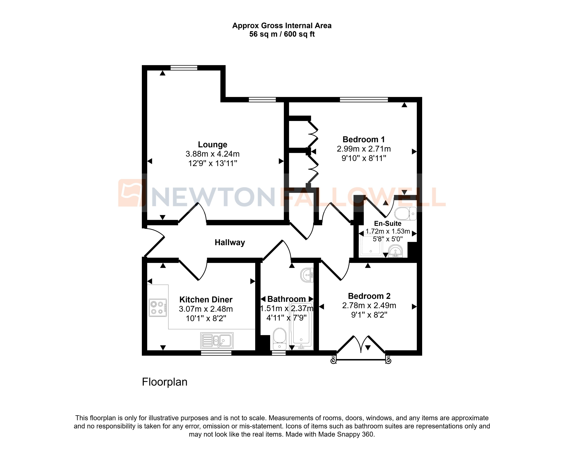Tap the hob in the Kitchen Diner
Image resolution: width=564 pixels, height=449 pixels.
tap(158, 308)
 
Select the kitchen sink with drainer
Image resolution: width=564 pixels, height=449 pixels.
tap(217, 340)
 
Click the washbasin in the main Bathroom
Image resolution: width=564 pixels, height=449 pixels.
tap(307, 275)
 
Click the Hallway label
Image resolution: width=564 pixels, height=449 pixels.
tap(230, 242)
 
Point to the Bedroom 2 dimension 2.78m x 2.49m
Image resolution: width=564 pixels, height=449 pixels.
tap(369, 305)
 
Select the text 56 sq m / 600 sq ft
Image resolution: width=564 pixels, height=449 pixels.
tap(282, 34)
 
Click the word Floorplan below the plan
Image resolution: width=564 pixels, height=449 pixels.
tap(164, 382)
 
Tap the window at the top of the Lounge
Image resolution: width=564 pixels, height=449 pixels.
tap(184, 68)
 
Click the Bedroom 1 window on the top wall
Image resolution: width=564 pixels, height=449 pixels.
tap(364, 99)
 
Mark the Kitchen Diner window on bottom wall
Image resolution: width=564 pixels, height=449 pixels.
tap(216, 353)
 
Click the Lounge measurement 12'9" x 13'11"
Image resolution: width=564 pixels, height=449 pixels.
tap(212, 163)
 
